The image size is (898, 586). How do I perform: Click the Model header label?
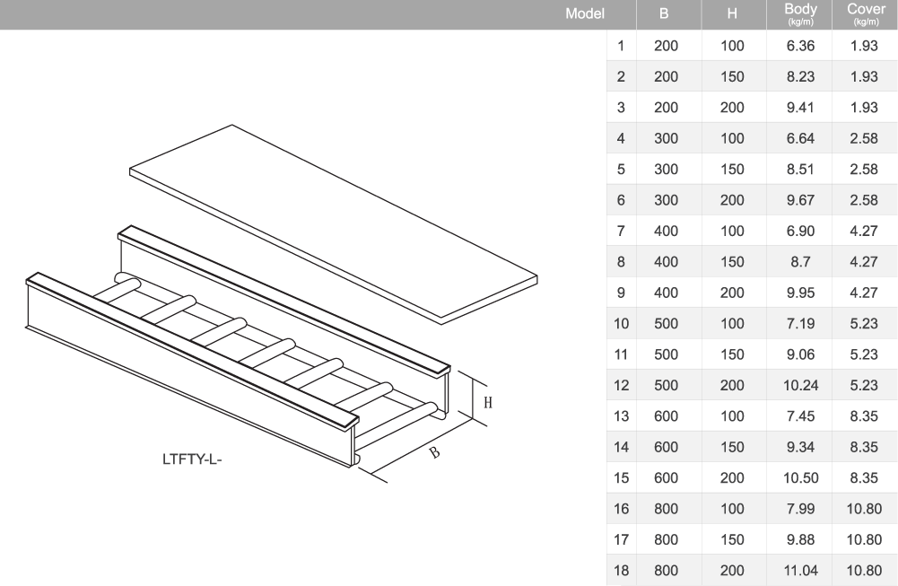click(x=586, y=14)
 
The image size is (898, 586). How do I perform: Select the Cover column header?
click(x=865, y=13)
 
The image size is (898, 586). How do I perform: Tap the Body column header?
click(x=799, y=13)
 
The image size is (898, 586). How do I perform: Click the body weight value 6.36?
click(x=799, y=46)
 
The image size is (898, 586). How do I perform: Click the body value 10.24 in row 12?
click(x=799, y=385)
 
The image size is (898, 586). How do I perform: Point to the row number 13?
click(x=621, y=416)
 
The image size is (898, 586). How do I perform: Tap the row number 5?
click(x=621, y=170)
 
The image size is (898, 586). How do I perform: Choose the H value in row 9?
click(x=732, y=293)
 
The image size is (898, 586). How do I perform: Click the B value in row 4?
click(x=666, y=138)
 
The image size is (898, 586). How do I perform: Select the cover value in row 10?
click(x=865, y=323)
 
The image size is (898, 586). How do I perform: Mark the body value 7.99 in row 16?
click(x=799, y=509)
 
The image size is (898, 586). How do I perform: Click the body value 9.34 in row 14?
click(x=799, y=447)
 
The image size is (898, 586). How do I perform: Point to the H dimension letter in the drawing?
click(x=488, y=403)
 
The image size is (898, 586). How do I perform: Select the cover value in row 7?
click(x=865, y=232)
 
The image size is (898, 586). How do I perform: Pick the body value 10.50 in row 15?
click(x=799, y=478)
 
